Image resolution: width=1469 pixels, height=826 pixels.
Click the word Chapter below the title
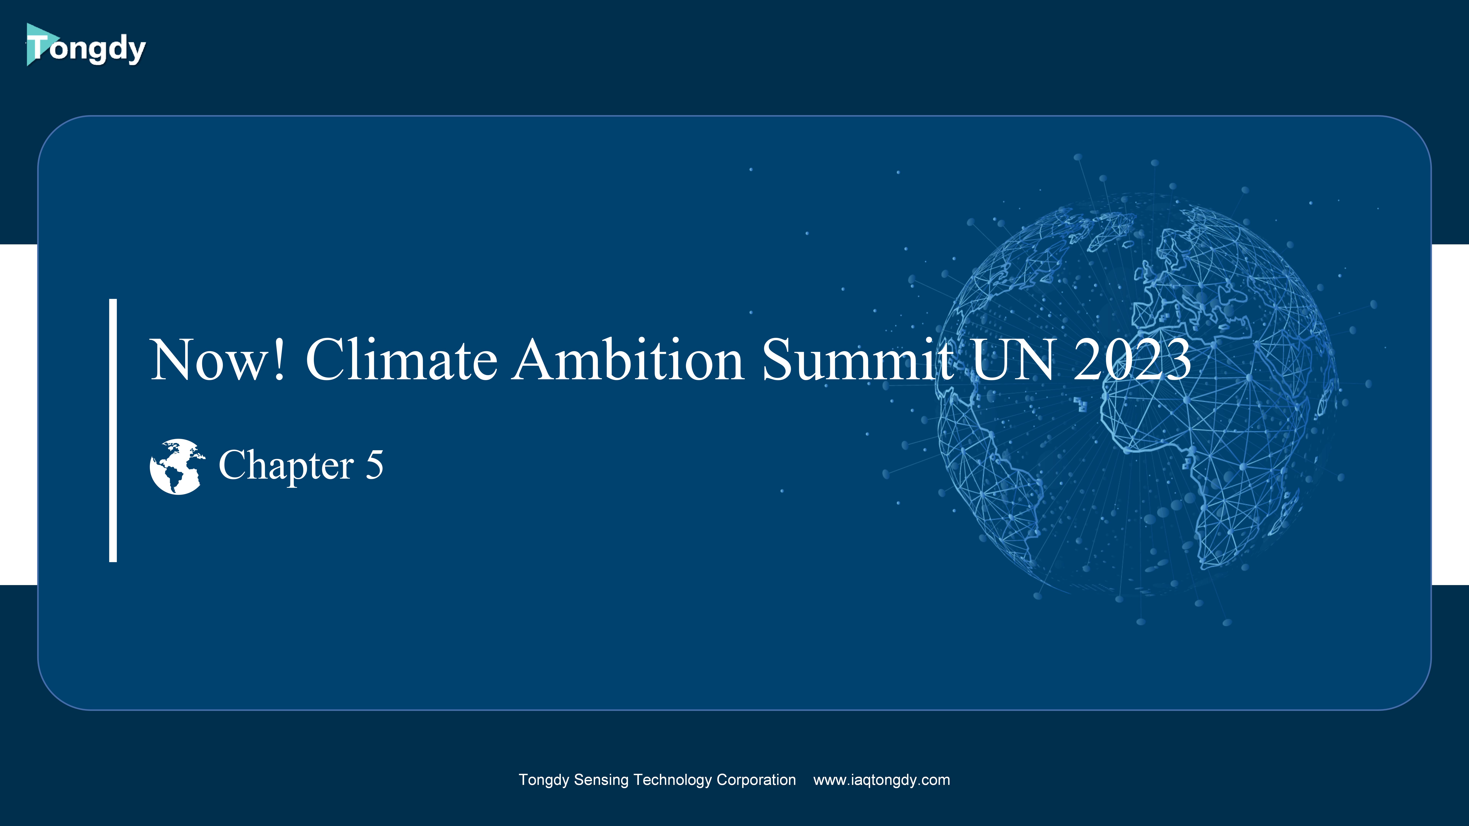pyautogui.click(x=286, y=466)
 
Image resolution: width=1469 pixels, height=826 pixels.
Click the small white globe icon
pyautogui.click(x=177, y=466)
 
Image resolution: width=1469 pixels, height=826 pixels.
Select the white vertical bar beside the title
pyautogui.click(x=113, y=430)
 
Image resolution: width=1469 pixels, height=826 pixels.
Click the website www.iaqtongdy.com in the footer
pyautogui.click(x=882, y=780)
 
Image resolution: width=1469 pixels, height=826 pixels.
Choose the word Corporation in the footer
pyautogui.click(x=756, y=780)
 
